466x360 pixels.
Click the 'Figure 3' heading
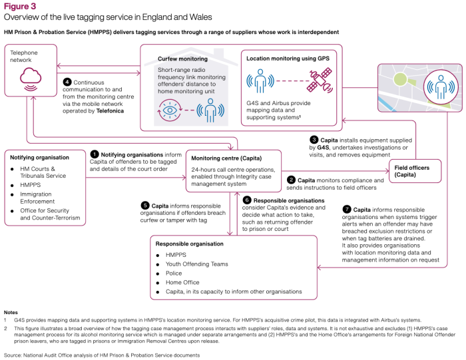(20, 7)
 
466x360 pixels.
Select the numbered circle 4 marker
(67, 83)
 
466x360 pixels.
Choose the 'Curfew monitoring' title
(184, 59)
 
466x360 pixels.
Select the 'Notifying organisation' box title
(40, 158)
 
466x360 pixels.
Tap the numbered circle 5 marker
(145, 206)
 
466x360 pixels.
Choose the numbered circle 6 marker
(246, 200)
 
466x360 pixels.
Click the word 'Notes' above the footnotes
(11, 311)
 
